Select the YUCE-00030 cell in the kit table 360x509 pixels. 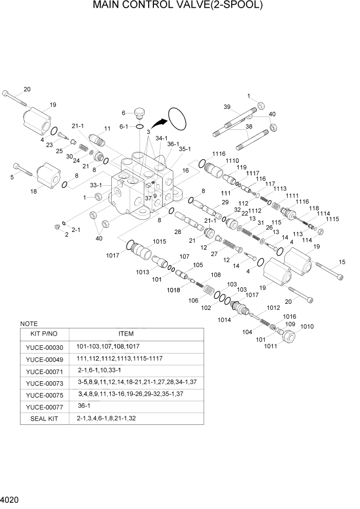coord(44,347)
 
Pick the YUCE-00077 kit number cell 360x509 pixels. coord(44,406)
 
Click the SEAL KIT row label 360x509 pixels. coord(44,419)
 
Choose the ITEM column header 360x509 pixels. coord(136,334)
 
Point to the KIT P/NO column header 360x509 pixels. coord(44,334)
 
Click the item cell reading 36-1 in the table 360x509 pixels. coord(83,406)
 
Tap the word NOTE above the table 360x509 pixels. coord(29,324)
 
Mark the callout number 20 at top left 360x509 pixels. coord(27,89)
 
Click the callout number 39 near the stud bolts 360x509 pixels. coord(227,106)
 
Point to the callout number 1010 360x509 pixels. coord(307,326)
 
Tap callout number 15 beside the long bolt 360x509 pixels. coord(342,263)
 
